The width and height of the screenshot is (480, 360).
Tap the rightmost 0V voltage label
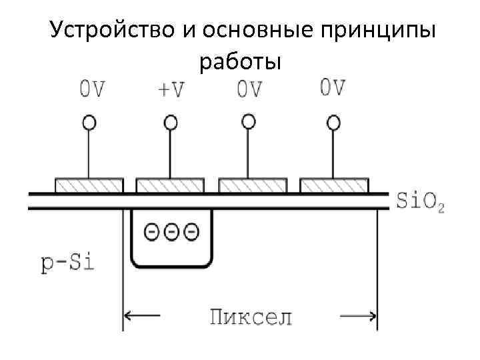point(333,87)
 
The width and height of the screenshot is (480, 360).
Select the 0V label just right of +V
point(249,89)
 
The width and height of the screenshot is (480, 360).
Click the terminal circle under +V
point(171,122)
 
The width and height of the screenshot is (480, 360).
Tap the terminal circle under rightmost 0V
point(333,122)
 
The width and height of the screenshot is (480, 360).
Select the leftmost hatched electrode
point(89,184)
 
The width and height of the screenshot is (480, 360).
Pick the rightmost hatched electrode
point(334,184)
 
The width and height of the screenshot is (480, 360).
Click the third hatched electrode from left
point(253,184)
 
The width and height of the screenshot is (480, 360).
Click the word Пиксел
point(251,315)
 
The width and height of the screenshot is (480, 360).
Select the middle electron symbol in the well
point(171,232)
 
